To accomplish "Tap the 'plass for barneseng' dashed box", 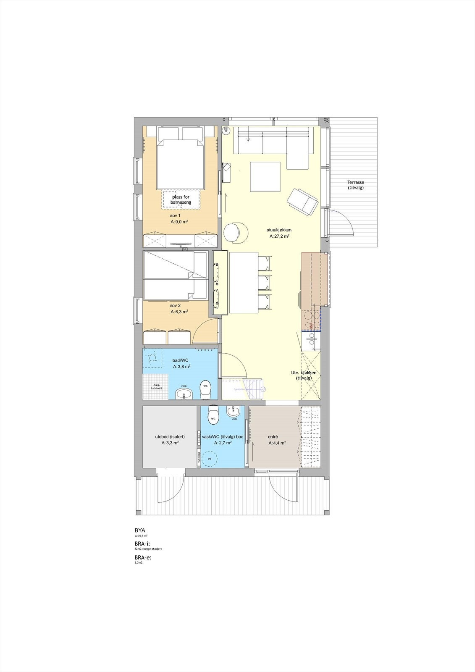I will (181, 199).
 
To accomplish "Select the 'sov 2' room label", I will (176, 305).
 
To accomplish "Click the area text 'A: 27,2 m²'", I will (279, 236).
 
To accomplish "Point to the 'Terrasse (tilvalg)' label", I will (355, 185).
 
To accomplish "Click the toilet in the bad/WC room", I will (205, 390).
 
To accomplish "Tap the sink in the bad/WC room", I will (184, 394).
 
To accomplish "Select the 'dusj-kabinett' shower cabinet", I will (155, 386).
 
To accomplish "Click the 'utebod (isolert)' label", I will (170, 437).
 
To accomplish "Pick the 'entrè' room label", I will (273, 437).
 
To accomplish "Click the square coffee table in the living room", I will (265, 177).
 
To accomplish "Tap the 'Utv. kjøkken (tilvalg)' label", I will (304, 375).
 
